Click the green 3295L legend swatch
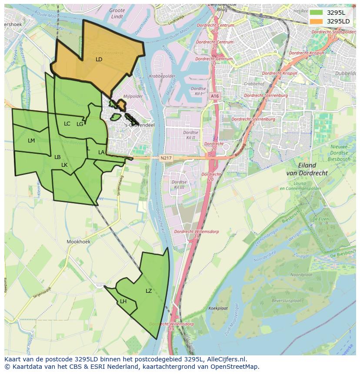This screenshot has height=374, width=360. tap(316, 13)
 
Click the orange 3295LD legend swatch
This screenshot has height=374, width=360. tap(316, 21)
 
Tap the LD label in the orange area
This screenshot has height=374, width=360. tap(99, 59)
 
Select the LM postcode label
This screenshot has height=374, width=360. tap(31, 141)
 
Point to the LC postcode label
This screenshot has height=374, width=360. tap(67, 124)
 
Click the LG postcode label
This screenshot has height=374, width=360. tap(80, 124)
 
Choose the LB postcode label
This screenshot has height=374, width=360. tap(57, 157)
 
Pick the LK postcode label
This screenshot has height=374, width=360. tap(64, 165)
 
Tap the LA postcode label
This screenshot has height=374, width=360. tap(101, 152)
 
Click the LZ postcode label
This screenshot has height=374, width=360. tap(149, 291)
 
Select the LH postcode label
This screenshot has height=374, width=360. tap(123, 301)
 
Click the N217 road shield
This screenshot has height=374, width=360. tap(165, 158)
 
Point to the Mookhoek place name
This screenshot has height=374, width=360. tap(77, 241)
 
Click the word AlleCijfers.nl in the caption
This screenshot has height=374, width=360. tap(226, 360)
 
